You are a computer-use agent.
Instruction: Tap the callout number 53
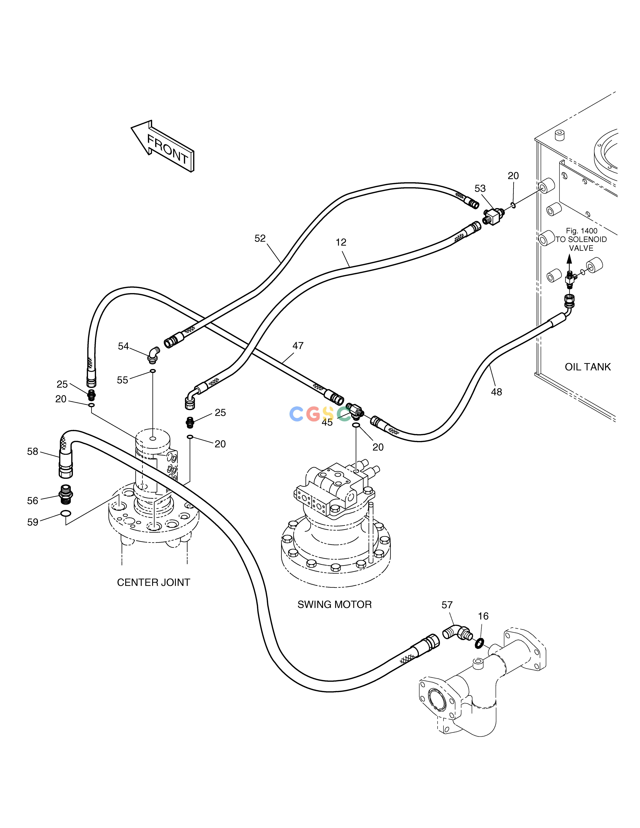480,188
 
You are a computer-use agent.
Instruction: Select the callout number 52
260,238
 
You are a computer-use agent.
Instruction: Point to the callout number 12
341,242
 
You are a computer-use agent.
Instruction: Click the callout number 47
298,346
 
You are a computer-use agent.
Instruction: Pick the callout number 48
496,392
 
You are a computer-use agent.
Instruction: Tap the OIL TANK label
588,367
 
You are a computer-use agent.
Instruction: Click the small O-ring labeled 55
152,371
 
